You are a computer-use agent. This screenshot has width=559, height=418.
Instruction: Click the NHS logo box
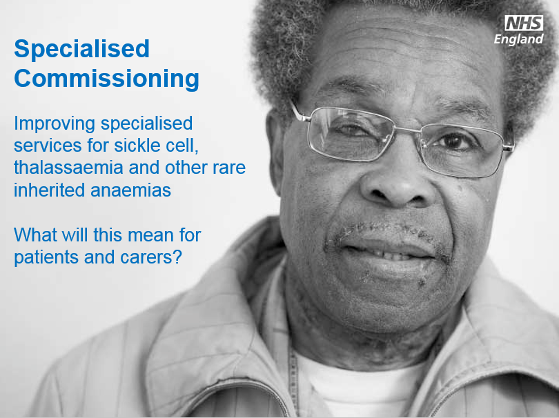coord(524,23)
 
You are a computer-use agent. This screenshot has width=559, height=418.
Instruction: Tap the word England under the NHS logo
coord(519,39)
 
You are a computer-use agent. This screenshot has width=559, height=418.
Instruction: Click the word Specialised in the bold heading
coord(81,50)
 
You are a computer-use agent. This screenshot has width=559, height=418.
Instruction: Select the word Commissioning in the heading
coord(106,79)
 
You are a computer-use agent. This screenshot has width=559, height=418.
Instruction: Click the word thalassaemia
coord(68,168)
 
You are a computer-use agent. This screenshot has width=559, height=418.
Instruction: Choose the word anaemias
coord(131,190)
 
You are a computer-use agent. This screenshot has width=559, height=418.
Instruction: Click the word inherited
coord(50,190)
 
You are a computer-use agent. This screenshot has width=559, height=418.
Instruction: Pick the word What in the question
coord(35,235)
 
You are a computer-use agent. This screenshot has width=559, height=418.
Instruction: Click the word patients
coord(46,257)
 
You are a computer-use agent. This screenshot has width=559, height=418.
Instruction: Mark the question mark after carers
coord(177,257)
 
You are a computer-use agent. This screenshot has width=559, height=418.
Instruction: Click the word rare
coord(229,168)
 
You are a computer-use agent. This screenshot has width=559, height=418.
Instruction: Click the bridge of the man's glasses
coord(407,129)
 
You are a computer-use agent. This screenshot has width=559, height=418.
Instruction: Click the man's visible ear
coord(275,153)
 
